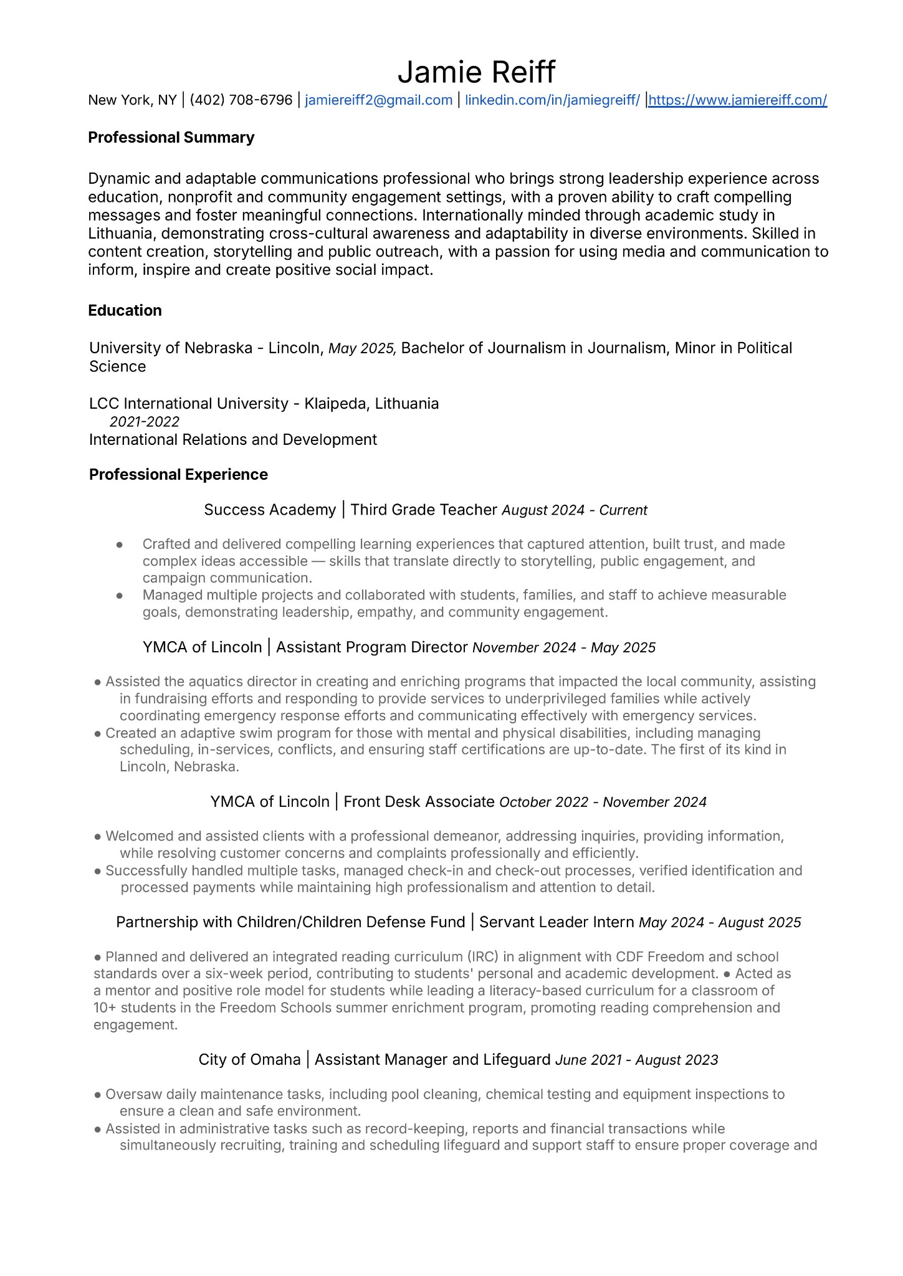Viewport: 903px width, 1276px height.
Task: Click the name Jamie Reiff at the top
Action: (476, 72)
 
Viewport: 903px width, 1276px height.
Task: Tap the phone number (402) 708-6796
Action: (241, 100)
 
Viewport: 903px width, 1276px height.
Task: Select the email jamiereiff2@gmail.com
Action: (378, 100)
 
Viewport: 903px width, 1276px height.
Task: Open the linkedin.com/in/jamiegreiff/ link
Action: (552, 100)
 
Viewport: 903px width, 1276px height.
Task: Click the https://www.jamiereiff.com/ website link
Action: (738, 100)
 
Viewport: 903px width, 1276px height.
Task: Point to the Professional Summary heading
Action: (171, 138)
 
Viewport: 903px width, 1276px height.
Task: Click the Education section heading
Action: (125, 311)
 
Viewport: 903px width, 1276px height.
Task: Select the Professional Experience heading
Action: (178, 475)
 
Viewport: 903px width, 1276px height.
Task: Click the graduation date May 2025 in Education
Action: (361, 348)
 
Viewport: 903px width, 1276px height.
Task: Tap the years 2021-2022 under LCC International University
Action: (145, 422)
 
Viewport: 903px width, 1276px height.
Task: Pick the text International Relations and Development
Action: (232, 440)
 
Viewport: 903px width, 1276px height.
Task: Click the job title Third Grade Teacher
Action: (424, 510)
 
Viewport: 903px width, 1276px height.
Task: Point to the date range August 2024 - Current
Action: (575, 511)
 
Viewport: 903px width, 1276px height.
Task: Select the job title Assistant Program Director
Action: (371, 648)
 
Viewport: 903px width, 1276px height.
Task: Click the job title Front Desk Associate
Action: (419, 802)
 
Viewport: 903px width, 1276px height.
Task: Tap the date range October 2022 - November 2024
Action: (603, 802)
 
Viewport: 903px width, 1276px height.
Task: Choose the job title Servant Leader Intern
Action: (557, 923)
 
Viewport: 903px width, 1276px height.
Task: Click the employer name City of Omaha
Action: (249, 1060)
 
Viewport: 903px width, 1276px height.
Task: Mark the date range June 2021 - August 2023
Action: (636, 1060)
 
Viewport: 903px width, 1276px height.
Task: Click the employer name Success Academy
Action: (270, 510)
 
